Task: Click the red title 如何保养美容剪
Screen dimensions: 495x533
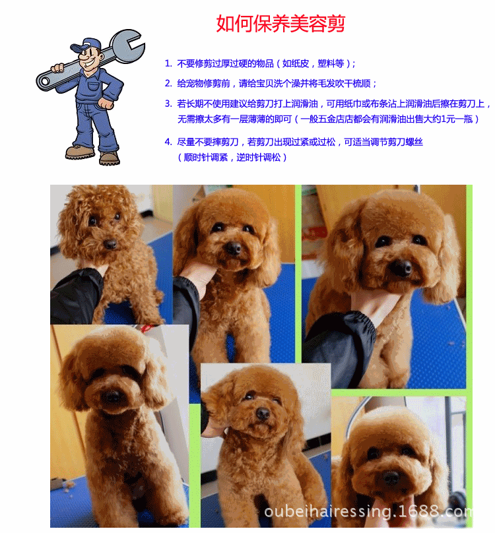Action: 280,23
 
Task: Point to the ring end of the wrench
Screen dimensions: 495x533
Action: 45,82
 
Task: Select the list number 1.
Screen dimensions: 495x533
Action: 168,63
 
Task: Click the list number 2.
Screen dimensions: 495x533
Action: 168,83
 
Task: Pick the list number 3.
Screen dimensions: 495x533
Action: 168,104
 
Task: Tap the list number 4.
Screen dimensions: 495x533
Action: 168,142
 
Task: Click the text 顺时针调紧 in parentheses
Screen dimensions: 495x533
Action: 205,158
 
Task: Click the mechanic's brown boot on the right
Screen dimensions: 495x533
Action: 110,158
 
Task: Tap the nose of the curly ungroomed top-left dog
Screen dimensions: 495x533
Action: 110,243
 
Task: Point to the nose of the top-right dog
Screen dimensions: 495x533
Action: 400,268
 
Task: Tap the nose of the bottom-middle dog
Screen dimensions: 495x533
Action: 262,414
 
